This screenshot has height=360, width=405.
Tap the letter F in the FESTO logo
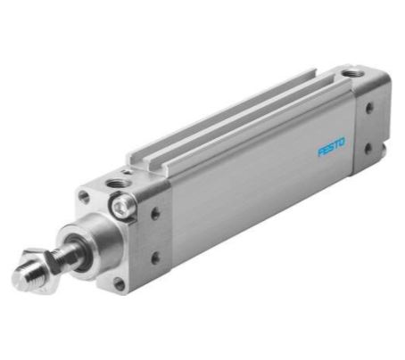pyautogui.click(x=321, y=152)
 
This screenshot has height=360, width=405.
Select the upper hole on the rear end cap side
pyautogui.click(x=370, y=109)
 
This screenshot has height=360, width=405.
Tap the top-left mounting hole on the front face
pyautogui.click(x=85, y=198)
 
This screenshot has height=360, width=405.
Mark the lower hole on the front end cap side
pyautogui.click(x=154, y=258)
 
